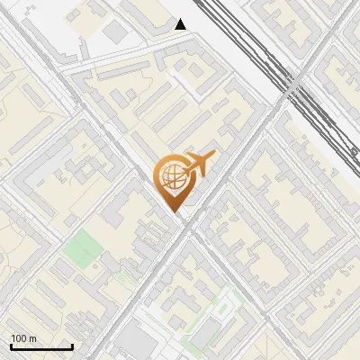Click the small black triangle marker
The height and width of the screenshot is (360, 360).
point(181,24)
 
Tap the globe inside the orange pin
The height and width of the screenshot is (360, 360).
point(171,177)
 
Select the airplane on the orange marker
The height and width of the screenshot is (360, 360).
point(198,165)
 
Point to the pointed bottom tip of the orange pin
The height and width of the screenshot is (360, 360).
point(174,211)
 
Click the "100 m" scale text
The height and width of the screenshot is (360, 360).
point(24,338)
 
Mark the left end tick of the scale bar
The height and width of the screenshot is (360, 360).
point(11,345)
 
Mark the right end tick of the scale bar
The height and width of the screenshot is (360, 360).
point(72,345)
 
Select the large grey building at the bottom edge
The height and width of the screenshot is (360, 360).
point(135,342)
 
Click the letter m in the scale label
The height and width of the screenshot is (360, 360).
point(33,338)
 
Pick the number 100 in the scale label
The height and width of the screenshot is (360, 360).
point(20,338)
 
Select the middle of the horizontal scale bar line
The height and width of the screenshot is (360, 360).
point(41,347)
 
